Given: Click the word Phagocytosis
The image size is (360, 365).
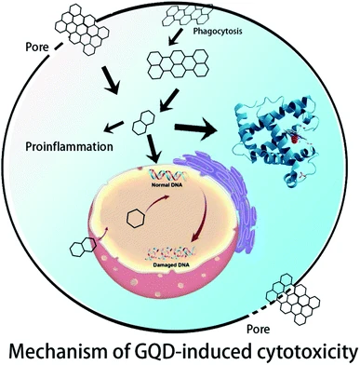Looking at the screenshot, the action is coord(218,31).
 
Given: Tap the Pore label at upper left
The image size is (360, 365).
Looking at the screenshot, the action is coord(37,47).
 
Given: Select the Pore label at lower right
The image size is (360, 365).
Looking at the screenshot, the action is coord(259,329).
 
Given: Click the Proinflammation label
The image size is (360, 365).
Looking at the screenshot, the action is coord(69,146).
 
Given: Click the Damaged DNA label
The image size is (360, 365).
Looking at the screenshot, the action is coord(171,264).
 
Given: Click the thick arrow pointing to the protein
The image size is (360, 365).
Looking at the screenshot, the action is coord(195,128).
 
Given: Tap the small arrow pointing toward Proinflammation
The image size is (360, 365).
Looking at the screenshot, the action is coord(113,127).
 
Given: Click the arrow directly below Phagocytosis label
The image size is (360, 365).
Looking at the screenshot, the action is coord(177,36).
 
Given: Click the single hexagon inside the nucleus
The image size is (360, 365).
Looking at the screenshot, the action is coord(136,219).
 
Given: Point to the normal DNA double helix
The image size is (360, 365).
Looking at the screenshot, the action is coord(168,176).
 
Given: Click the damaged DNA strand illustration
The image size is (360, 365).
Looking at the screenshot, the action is coord(171,253).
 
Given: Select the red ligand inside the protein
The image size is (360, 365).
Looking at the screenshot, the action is coord(294,138).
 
